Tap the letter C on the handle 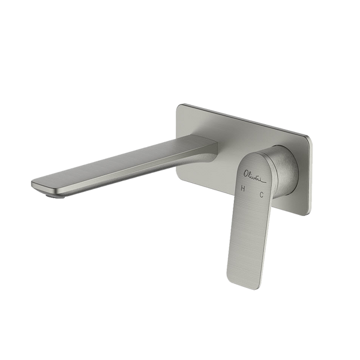(x=262, y=194)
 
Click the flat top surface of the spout (x=120, y=162)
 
